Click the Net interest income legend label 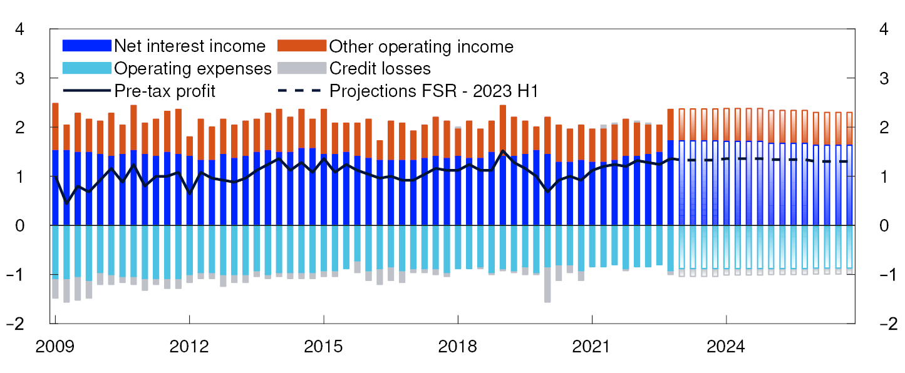pos(190,46)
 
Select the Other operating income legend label pos(421,46)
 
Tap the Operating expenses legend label pos(193,68)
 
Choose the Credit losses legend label pos(380,68)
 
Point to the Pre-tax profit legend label pos(165,90)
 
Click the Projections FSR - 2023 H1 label pos(434,90)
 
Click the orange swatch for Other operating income pos(302,46)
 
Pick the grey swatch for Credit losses pos(302,68)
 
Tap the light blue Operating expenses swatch pos(87,68)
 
